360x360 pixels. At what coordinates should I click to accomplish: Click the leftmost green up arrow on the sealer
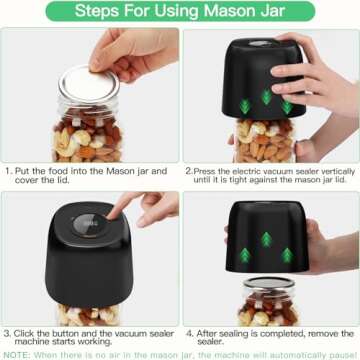[x=247, y=250]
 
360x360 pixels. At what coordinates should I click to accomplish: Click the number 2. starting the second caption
[x=189, y=171]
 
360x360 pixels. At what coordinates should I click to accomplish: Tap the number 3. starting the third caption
[x=8, y=331]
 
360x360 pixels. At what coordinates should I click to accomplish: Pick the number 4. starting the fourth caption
[x=189, y=331]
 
